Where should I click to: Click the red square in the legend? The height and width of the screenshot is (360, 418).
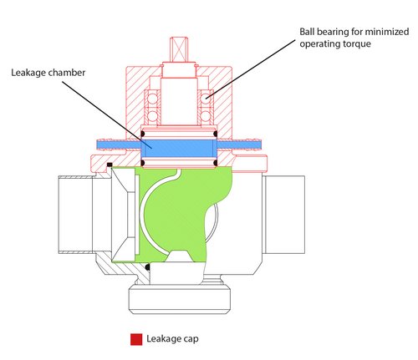point(135,341)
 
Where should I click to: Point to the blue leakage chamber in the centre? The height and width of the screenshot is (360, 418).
point(180,145)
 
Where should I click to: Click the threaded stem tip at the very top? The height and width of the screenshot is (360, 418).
point(181,44)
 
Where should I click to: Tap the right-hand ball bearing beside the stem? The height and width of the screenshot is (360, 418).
point(206,99)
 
